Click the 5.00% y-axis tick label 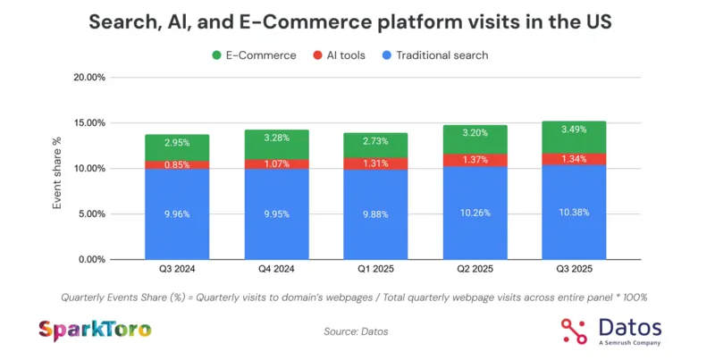tap(91, 214)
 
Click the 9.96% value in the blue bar tap(177, 214)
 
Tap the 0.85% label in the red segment tap(177, 164)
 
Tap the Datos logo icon tap(576, 331)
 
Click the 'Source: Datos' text tap(356, 331)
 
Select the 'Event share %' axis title tap(57, 172)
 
